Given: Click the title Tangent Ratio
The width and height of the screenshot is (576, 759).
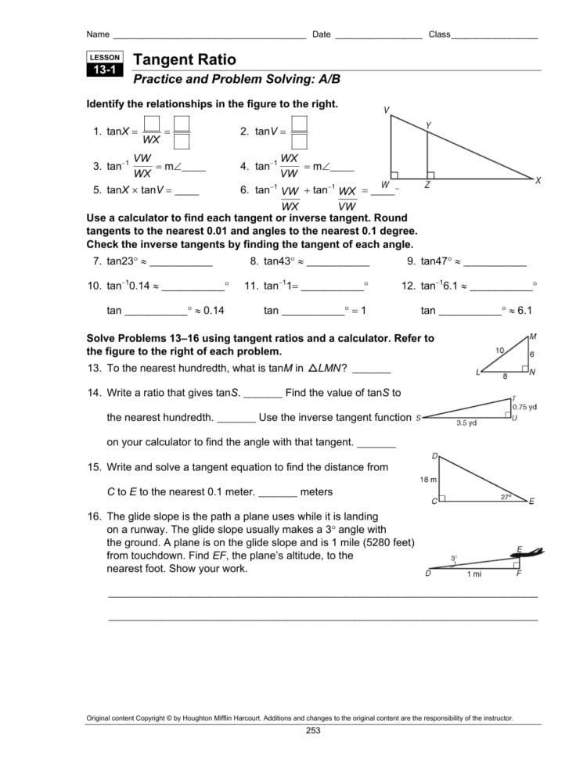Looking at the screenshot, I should click(185, 59).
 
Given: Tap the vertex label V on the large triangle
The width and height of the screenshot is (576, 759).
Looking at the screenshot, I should click(386, 110).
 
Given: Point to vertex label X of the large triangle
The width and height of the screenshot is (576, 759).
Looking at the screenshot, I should click(538, 181).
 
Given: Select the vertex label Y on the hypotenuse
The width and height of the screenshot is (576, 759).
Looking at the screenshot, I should click(428, 125).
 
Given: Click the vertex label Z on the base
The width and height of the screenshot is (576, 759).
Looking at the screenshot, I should click(427, 185).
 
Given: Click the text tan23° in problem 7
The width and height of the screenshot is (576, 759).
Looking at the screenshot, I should click(122, 261).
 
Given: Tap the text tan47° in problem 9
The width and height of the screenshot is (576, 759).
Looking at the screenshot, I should click(436, 261).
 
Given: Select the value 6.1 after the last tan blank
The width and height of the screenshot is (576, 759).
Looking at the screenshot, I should click(524, 311).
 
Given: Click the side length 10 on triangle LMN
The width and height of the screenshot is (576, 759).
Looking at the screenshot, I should click(499, 350).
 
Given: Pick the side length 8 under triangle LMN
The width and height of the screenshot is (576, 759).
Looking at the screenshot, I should click(505, 376).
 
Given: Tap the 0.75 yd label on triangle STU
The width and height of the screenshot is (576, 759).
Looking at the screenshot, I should click(524, 407).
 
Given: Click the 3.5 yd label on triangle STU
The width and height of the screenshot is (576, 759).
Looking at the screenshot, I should click(466, 423).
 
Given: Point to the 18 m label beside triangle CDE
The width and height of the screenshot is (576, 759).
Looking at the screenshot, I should click(428, 479).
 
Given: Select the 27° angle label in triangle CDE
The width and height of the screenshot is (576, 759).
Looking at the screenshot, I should click(506, 496).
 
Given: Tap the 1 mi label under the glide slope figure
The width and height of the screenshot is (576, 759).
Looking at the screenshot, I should click(474, 574).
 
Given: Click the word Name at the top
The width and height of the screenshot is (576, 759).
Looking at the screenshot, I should click(98, 34).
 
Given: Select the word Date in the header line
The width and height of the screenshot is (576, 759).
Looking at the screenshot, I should click(321, 34).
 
